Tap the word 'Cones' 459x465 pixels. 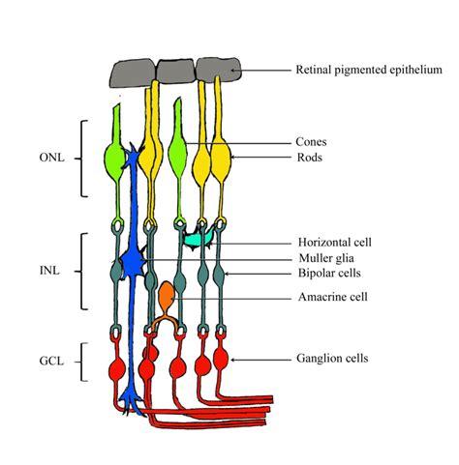pos(312,141)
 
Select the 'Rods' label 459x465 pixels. pos(310,157)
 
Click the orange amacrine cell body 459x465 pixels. pos(167,293)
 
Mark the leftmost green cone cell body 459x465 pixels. pos(117,158)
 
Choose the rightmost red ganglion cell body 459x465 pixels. pos(221,362)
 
